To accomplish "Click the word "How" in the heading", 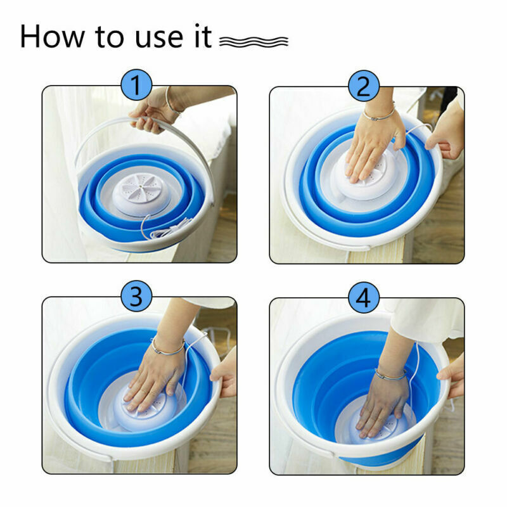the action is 52,36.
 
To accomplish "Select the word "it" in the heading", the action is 203,35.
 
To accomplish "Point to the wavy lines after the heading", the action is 254,41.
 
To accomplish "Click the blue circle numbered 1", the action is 136,85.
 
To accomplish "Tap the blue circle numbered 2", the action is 364,86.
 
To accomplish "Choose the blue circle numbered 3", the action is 136,296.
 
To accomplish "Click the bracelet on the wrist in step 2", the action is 379,113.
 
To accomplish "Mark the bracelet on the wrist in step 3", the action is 167,347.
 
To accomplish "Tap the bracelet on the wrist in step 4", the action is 390,375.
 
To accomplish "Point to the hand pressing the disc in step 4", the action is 382,404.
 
